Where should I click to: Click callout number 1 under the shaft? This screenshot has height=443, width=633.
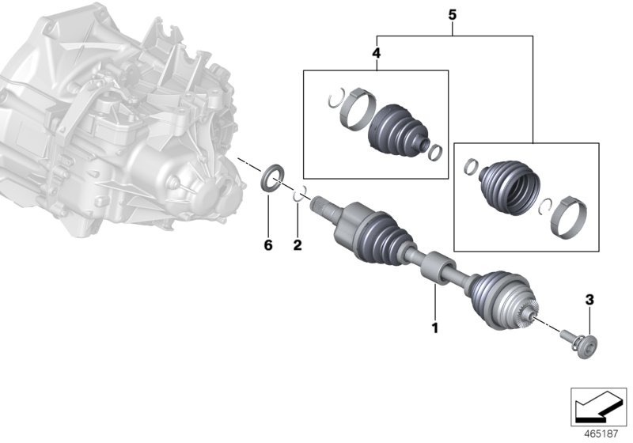(x=434, y=326)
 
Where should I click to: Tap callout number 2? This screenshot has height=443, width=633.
(x=298, y=246)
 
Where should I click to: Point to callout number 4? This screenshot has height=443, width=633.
(x=376, y=54)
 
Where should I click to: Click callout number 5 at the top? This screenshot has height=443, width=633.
(x=453, y=15)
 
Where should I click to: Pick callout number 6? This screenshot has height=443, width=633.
(x=267, y=246)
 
